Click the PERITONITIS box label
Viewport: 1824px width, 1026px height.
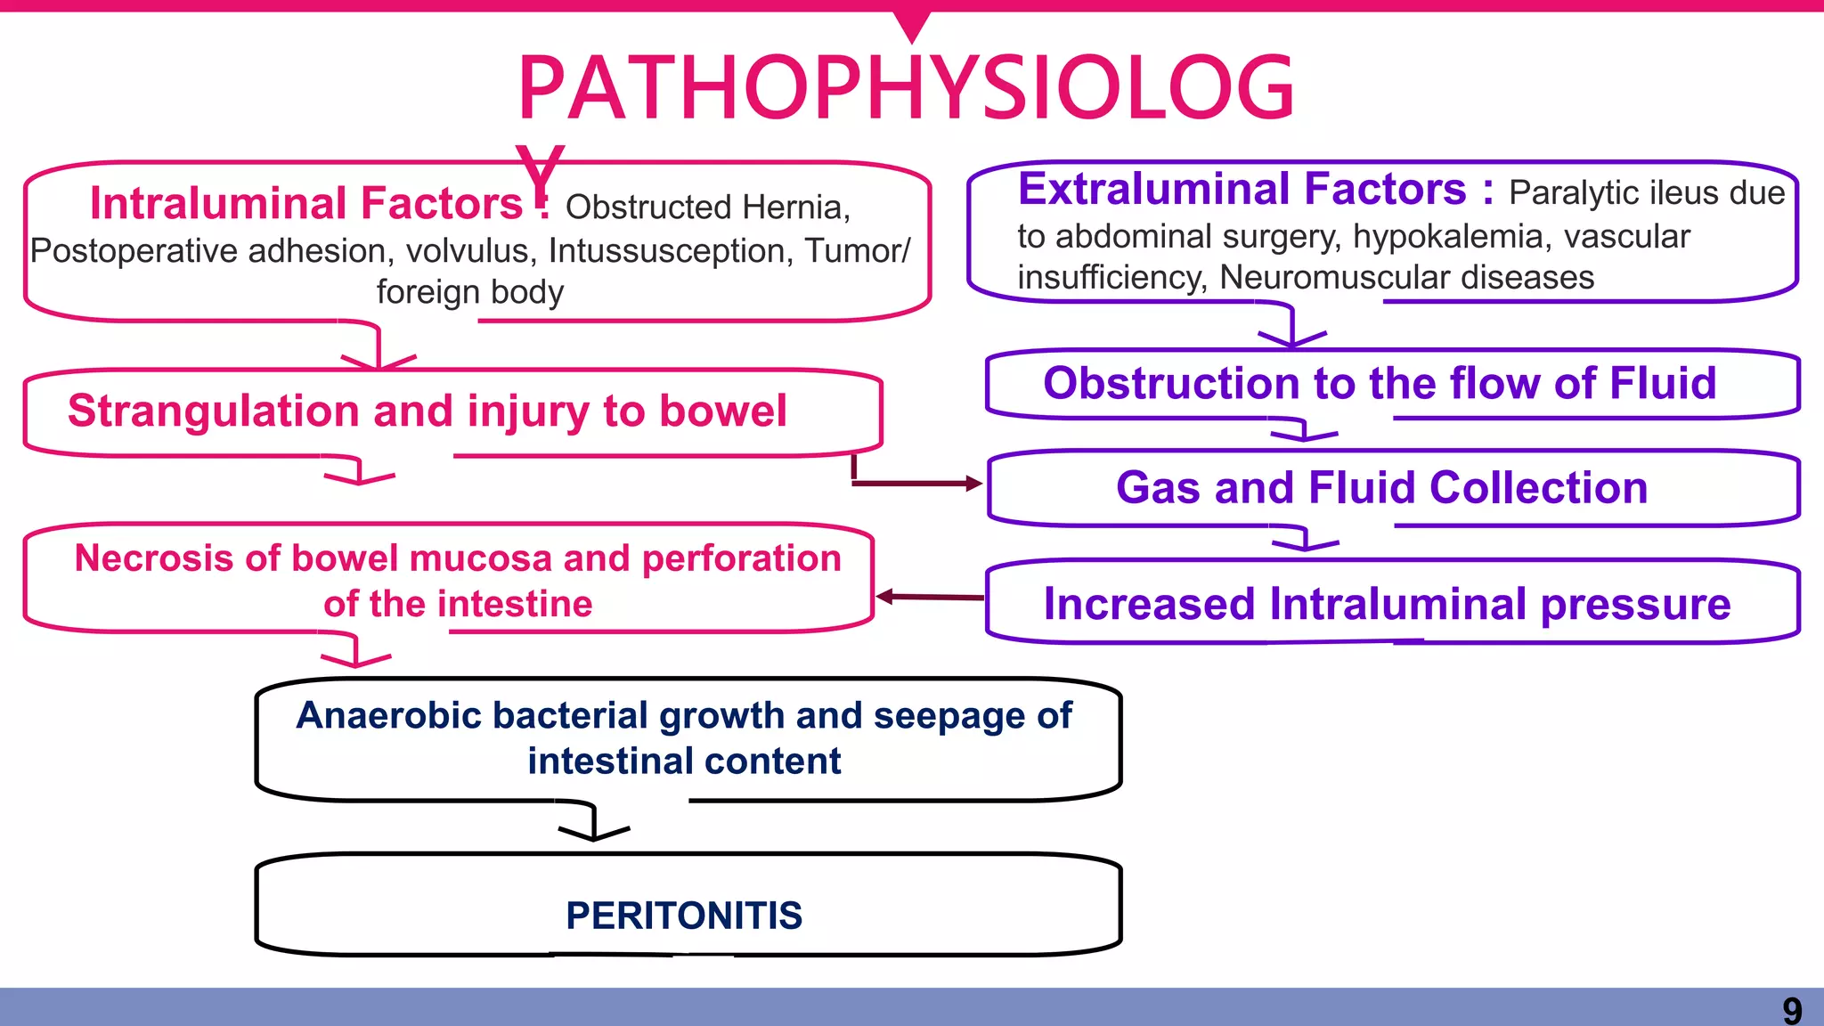point(683,916)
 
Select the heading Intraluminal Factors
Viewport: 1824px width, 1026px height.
point(305,204)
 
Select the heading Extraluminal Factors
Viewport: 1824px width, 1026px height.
point(1242,190)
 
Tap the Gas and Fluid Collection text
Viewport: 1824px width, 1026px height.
point(1381,488)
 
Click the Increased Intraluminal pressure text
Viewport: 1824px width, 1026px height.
point(1387,604)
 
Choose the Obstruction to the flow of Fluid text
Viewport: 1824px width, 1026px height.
point(1380,384)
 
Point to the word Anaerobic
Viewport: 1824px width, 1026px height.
point(385,716)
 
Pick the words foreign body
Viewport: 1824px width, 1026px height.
point(469,292)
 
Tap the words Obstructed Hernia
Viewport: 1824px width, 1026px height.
point(707,208)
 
